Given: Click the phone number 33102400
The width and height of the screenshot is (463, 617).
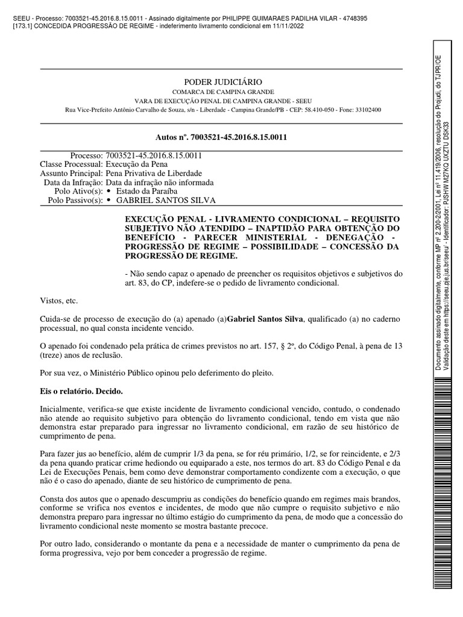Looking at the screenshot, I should pos(368,110).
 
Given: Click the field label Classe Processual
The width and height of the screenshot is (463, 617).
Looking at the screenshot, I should pos(71,164).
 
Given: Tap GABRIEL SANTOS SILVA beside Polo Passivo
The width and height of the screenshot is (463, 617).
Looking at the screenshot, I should pos(165,200).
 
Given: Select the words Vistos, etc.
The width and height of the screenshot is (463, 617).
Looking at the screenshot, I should pos(58,300).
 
